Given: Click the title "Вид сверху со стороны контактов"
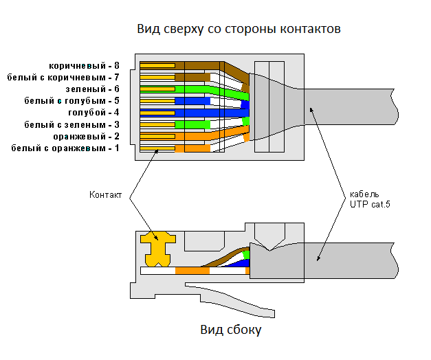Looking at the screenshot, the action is point(239,29).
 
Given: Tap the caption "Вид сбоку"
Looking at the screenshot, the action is point(230,330).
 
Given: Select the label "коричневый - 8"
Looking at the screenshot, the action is point(84,66).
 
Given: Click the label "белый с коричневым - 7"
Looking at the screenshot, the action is point(63,77).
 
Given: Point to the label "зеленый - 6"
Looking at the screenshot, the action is point(93,89).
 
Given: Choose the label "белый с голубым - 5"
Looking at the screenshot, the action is point(71,100).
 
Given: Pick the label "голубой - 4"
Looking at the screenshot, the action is point(93,113).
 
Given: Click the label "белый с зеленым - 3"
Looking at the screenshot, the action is point(71,124).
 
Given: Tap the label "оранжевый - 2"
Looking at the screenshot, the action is point(87,136).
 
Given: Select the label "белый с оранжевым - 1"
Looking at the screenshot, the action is point(65,148).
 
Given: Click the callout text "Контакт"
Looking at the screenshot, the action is point(105,195).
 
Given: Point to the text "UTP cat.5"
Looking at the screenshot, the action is point(370,205).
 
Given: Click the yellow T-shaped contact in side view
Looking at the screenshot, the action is point(158,249).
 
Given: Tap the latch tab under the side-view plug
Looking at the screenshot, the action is point(230,300).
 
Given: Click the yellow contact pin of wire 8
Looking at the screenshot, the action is point(157,66).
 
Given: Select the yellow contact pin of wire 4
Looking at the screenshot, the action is point(157,113).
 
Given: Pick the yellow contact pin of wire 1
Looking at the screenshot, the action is point(157,148).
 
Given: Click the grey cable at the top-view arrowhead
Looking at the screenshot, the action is point(349,106).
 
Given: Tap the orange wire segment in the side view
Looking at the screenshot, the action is point(192,271).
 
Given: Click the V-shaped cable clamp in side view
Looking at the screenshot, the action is point(269,237).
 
